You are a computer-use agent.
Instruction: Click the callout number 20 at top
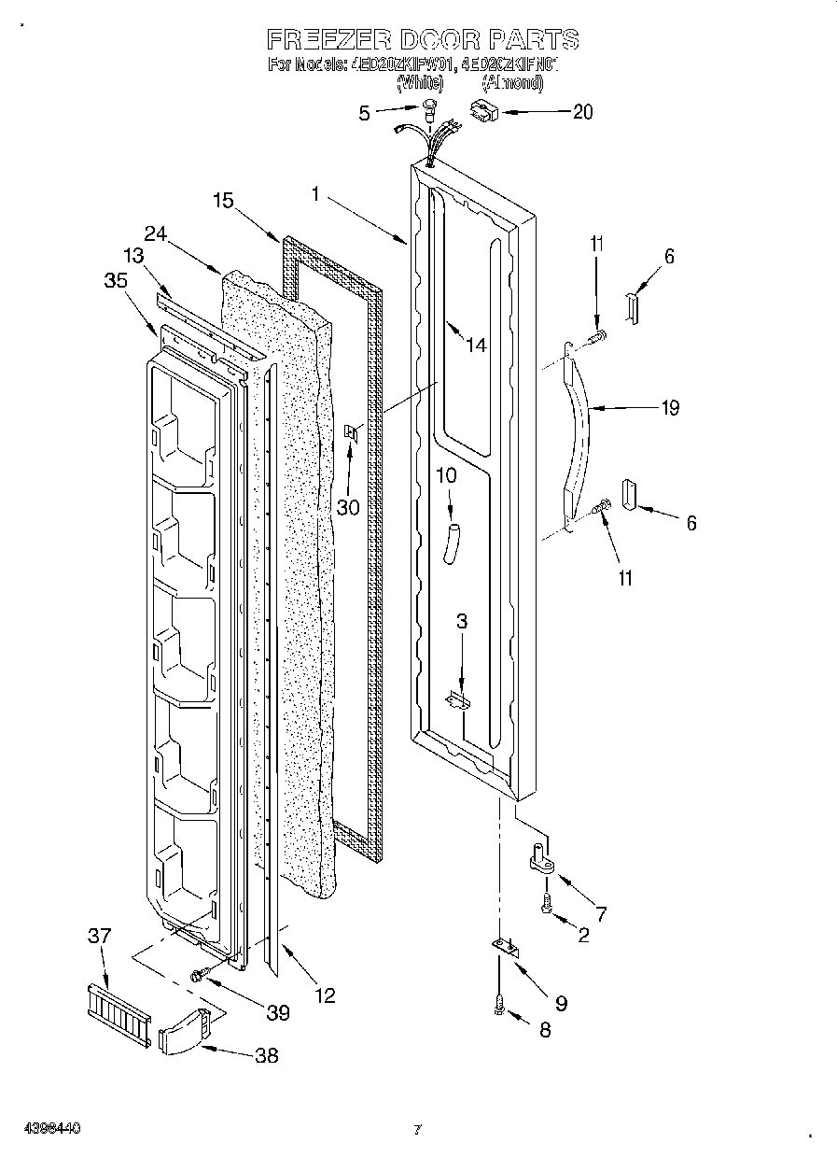pyautogui.click(x=581, y=111)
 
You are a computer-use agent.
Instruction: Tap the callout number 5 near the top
pyautogui.click(x=365, y=113)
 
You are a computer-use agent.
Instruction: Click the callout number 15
pyautogui.click(x=222, y=200)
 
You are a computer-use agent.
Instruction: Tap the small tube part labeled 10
pyautogui.click(x=453, y=543)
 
